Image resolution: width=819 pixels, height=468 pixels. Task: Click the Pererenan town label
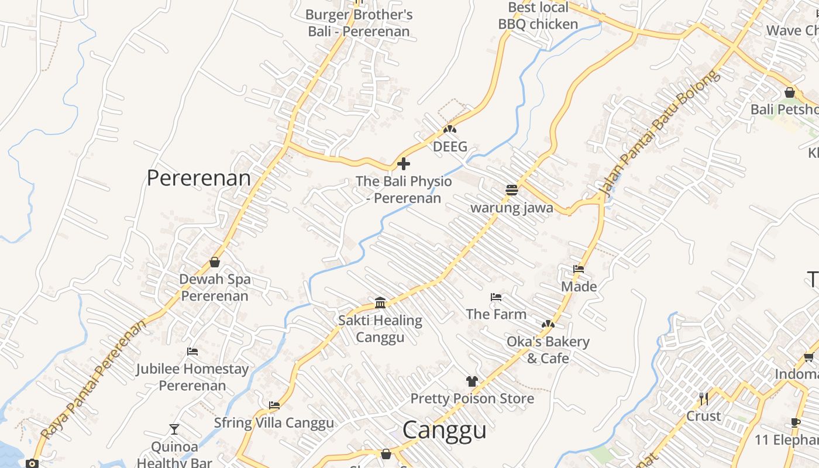pos(198,178)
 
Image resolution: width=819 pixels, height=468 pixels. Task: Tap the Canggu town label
pos(445,430)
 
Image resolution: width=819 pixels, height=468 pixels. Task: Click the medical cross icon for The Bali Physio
pos(404,164)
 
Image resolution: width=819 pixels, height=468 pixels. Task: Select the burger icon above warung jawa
pos(512,190)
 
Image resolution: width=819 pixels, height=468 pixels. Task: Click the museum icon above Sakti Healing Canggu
pos(380,302)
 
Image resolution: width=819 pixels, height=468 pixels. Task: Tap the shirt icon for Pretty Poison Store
pos(472,381)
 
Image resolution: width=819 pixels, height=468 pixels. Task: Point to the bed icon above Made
pos(579,269)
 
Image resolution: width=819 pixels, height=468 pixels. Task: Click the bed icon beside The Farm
pos(496,297)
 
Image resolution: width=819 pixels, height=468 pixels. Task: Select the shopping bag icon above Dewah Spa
pos(215,262)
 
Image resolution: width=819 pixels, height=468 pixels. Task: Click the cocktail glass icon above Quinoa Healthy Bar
pos(174,429)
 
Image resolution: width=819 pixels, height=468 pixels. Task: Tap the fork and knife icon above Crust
pos(704,399)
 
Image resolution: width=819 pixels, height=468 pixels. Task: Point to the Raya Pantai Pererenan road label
pos(94,380)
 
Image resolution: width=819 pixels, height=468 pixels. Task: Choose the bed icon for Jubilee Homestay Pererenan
pos(192,352)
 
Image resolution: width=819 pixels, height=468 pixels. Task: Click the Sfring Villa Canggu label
pos(274,422)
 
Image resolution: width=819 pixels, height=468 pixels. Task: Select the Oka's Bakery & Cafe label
pos(548,350)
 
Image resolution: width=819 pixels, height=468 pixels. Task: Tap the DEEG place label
pos(450,146)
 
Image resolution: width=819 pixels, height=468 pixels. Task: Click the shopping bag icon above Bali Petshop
pos(790,92)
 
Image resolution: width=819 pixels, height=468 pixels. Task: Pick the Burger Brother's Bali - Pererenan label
pos(359,23)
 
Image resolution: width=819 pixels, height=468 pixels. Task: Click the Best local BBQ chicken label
pos(538,16)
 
